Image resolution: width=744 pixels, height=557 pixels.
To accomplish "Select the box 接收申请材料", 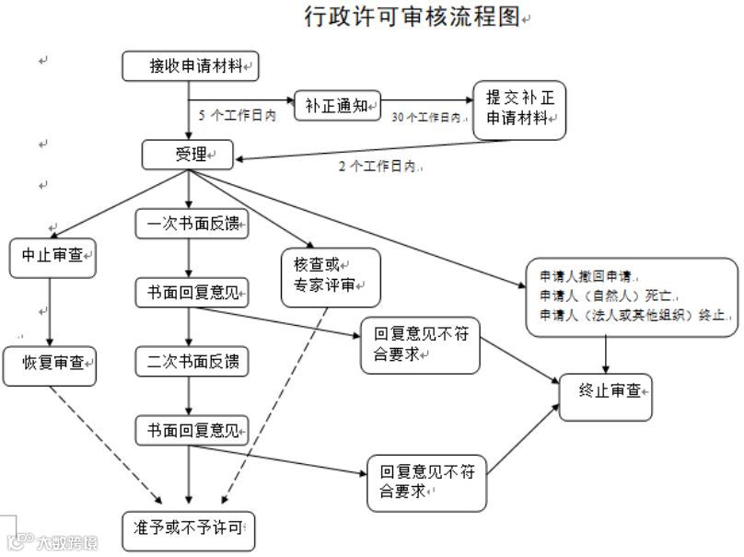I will click(x=190, y=66).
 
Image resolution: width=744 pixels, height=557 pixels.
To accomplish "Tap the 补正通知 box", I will click(x=336, y=106).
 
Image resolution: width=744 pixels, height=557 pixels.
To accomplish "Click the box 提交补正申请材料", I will click(x=518, y=110).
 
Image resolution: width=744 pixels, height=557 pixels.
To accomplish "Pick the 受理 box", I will click(x=188, y=154).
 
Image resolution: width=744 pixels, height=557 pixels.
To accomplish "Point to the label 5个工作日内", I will click(x=237, y=116).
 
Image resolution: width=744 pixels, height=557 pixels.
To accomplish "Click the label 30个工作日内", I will click(x=425, y=117).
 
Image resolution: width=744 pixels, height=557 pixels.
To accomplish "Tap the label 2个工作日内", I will click(x=378, y=167).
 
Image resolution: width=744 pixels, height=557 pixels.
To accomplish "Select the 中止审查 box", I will click(x=52, y=258).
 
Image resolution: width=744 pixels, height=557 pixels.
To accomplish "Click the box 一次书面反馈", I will click(x=192, y=224).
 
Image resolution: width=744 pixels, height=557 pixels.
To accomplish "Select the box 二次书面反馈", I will click(x=192, y=362).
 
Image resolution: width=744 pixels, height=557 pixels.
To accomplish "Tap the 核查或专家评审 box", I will click(x=318, y=276).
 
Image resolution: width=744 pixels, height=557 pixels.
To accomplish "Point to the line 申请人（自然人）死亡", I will click(x=608, y=296).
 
